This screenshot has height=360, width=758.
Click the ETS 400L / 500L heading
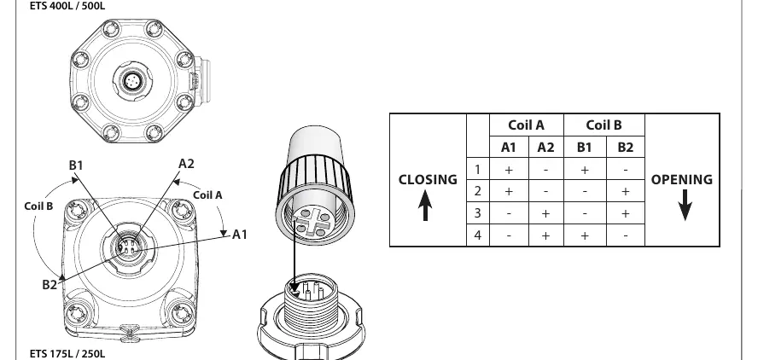click(x=67, y=6)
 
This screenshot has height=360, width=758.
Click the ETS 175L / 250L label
click(x=67, y=354)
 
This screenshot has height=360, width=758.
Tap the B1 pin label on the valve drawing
click(x=76, y=165)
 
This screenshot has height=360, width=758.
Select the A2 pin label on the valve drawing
click(x=186, y=163)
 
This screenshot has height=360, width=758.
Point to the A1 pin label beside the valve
click(x=240, y=235)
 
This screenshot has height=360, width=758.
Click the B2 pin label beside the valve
click(x=50, y=285)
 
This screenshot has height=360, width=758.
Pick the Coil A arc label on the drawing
click(x=208, y=195)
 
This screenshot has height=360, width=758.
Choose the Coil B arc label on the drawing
click(x=38, y=206)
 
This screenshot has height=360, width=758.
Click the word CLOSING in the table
click(x=428, y=180)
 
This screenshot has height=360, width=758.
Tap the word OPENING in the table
click(x=682, y=180)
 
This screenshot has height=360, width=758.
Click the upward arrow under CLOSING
click(x=425, y=205)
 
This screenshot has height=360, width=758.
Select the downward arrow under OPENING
click(x=685, y=205)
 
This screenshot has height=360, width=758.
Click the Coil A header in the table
click(x=526, y=125)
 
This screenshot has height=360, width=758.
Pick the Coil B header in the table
click(x=603, y=125)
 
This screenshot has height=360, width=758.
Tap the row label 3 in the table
click(x=478, y=212)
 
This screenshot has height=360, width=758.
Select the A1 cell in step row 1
click(x=509, y=170)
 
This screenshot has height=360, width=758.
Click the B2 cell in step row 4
click(x=625, y=235)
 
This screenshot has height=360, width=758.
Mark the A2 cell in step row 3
click(x=545, y=213)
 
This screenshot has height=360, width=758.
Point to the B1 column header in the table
click(x=585, y=148)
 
